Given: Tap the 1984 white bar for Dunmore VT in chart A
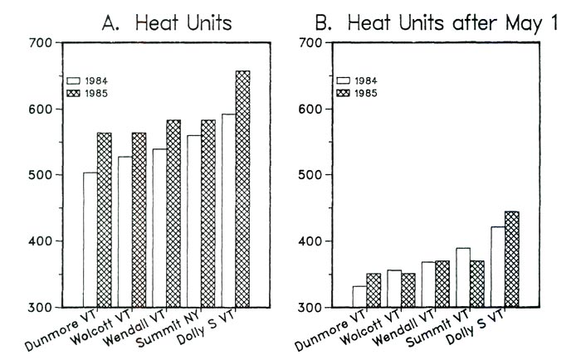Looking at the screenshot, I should (x=90, y=240).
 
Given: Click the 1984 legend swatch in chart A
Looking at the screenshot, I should (x=74, y=81).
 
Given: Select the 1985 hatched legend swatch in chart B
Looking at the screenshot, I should (x=344, y=92).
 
